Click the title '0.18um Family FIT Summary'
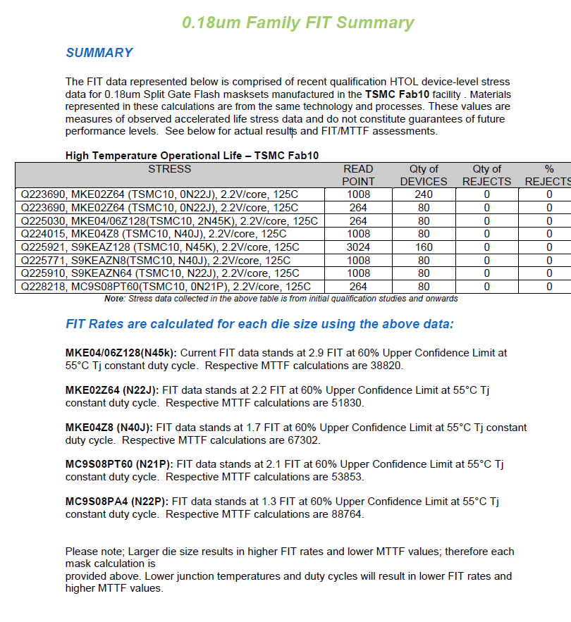click(x=297, y=23)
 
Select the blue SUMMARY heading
click(x=99, y=53)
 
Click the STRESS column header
click(x=169, y=169)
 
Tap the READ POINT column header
click(x=358, y=175)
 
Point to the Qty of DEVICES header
click(x=424, y=175)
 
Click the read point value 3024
click(x=358, y=247)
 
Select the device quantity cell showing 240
click(x=424, y=194)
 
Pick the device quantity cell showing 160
click(x=424, y=247)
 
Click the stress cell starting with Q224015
click(x=154, y=234)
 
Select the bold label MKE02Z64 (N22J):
click(x=113, y=390)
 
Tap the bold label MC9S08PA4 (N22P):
click(x=116, y=502)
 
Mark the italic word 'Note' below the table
click(x=113, y=299)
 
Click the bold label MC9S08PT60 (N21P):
click(x=118, y=464)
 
